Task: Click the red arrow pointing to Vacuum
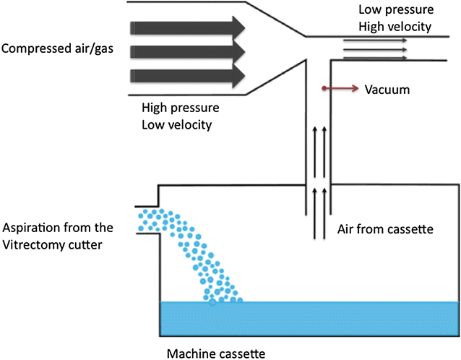click(x=339, y=90)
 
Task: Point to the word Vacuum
click(x=387, y=90)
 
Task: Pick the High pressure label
click(x=181, y=108)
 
